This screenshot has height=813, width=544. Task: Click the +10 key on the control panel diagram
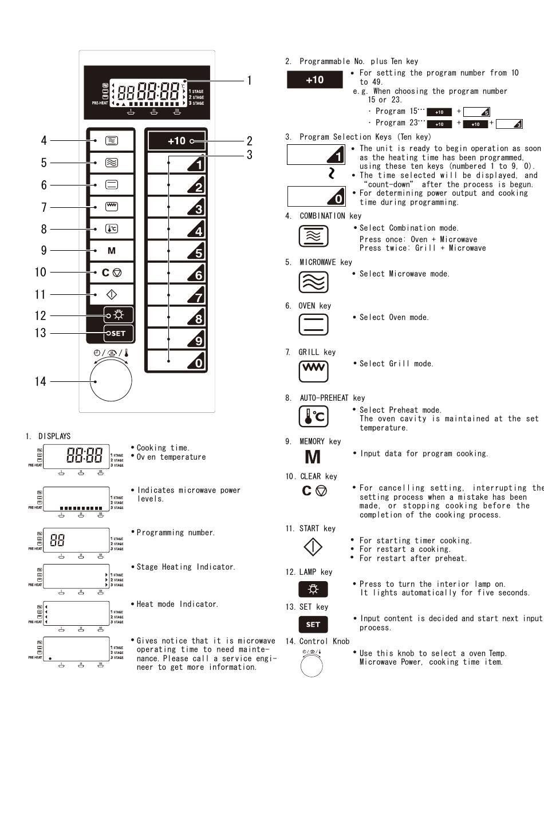click(x=177, y=141)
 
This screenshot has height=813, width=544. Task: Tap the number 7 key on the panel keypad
click(x=176, y=295)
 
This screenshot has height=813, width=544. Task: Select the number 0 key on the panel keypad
click(x=176, y=360)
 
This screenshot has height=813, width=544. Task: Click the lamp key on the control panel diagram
click(x=119, y=315)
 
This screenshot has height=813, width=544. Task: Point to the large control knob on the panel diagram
click(x=111, y=380)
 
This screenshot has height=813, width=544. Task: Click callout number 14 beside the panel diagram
click(x=40, y=381)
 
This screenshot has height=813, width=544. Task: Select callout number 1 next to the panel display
click(x=249, y=80)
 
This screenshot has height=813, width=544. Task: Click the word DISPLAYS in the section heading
click(x=54, y=436)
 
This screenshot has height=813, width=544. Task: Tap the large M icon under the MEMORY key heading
click(x=313, y=456)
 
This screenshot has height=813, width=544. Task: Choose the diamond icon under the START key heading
click(x=313, y=547)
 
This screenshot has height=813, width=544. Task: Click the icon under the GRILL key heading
click(x=314, y=372)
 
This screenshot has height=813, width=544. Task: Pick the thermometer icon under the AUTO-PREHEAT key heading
click(x=314, y=416)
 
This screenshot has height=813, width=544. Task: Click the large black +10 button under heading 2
click(x=314, y=80)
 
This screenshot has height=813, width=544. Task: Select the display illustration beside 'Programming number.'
click(x=76, y=540)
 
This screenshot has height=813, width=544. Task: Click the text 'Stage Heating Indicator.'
click(x=186, y=567)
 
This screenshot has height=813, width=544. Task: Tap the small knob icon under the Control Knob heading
click(x=312, y=666)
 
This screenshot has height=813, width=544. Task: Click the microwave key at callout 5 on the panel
click(x=112, y=163)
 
